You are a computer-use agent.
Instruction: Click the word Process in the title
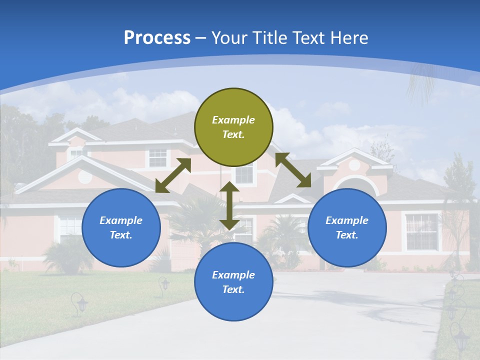[x=157, y=38]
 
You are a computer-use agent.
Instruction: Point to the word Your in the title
[x=229, y=38]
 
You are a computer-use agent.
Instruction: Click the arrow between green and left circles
[x=173, y=175]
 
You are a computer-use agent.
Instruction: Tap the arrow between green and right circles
[x=293, y=170]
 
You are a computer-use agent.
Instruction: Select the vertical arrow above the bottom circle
[x=229, y=206]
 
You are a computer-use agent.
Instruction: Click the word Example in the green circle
[x=233, y=120]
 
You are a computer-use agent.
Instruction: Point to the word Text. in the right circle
[x=347, y=235]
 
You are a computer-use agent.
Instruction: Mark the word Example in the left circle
[x=121, y=220]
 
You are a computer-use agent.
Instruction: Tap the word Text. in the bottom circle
[x=233, y=289]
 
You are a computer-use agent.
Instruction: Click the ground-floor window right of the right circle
[x=421, y=231]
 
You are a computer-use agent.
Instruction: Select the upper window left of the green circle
[x=157, y=157]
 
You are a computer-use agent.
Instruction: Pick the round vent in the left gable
[x=85, y=176]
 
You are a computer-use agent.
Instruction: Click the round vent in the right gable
[x=354, y=165]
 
